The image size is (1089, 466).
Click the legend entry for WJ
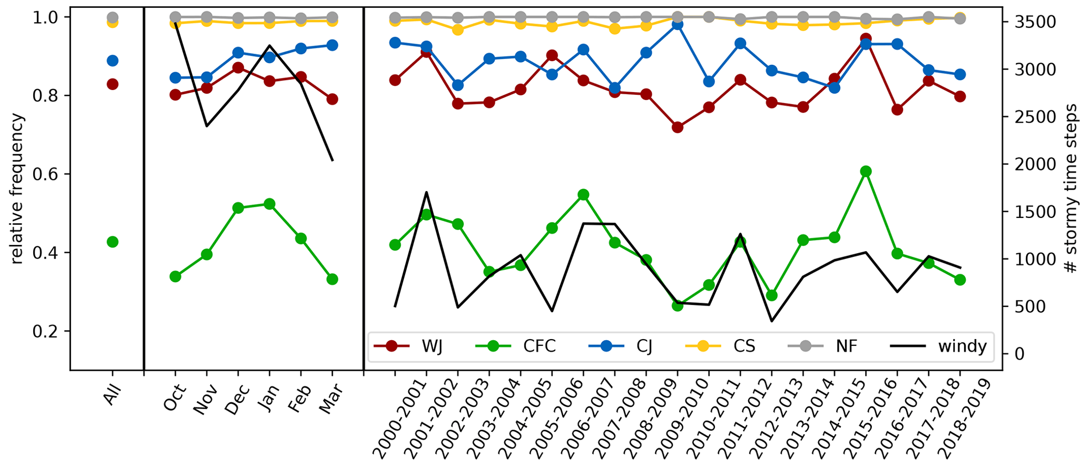pyautogui.click(x=408, y=346)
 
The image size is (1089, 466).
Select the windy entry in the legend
pyautogui.click(x=938, y=346)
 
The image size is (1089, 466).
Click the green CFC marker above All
pyautogui.click(x=112, y=242)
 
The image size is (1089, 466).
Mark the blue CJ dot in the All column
pyautogui.click(x=112, y=61)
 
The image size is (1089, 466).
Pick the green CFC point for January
pyautogui.click(x=269, y=204)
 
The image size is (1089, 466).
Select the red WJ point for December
pyautogui.click(x=238, y=68)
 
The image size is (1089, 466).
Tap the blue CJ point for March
pyautogui.click(x=332, y=45)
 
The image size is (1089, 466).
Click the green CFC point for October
pyautogui.click(x=175, y=276)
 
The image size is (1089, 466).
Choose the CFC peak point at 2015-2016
pyautogui.click(x=865, y=171)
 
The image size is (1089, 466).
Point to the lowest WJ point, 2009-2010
pyautogui.click(x=678, y=127)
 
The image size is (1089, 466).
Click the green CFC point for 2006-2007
pyautogui.click(x=583, y=195)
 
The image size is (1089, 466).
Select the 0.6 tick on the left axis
pyautogui.click(x=53, y=174)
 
